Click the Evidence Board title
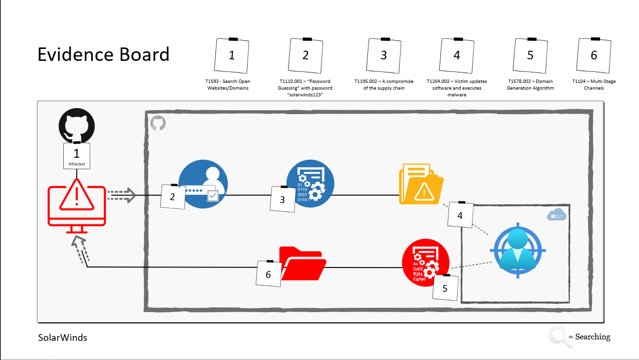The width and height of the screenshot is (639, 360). pyautogui.click(x=104, y=55)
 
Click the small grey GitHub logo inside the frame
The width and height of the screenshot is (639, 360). pyautogui.click(x=158, y=123)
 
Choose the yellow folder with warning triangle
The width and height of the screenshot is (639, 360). pyautogui.click(x=421, y=185)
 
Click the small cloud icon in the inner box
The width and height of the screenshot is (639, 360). pyautogui.click(x=557, y=215)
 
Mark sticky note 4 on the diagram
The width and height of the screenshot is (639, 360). pyautogui.click(x=460, y=215)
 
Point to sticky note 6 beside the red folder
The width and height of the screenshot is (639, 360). pyautogui.click(x=269, y=274)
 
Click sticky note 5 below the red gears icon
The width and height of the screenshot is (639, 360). pyautogui.click(x=445, y=288)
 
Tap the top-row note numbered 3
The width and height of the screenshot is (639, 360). pyautogui.click(x=383, y=55)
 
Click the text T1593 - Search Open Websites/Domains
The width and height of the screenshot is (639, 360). pyautogui.click(x=228, y=85)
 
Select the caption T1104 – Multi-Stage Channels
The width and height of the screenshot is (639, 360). pyautogui.click(x=594, y=85)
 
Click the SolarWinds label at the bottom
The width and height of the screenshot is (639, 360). pyautogui.click(x=63, y=337)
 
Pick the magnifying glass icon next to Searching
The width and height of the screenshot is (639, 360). pyautogui.click(x=557, y=336)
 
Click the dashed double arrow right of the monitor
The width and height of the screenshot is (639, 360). pyautogui.click(x=122, y=195)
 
